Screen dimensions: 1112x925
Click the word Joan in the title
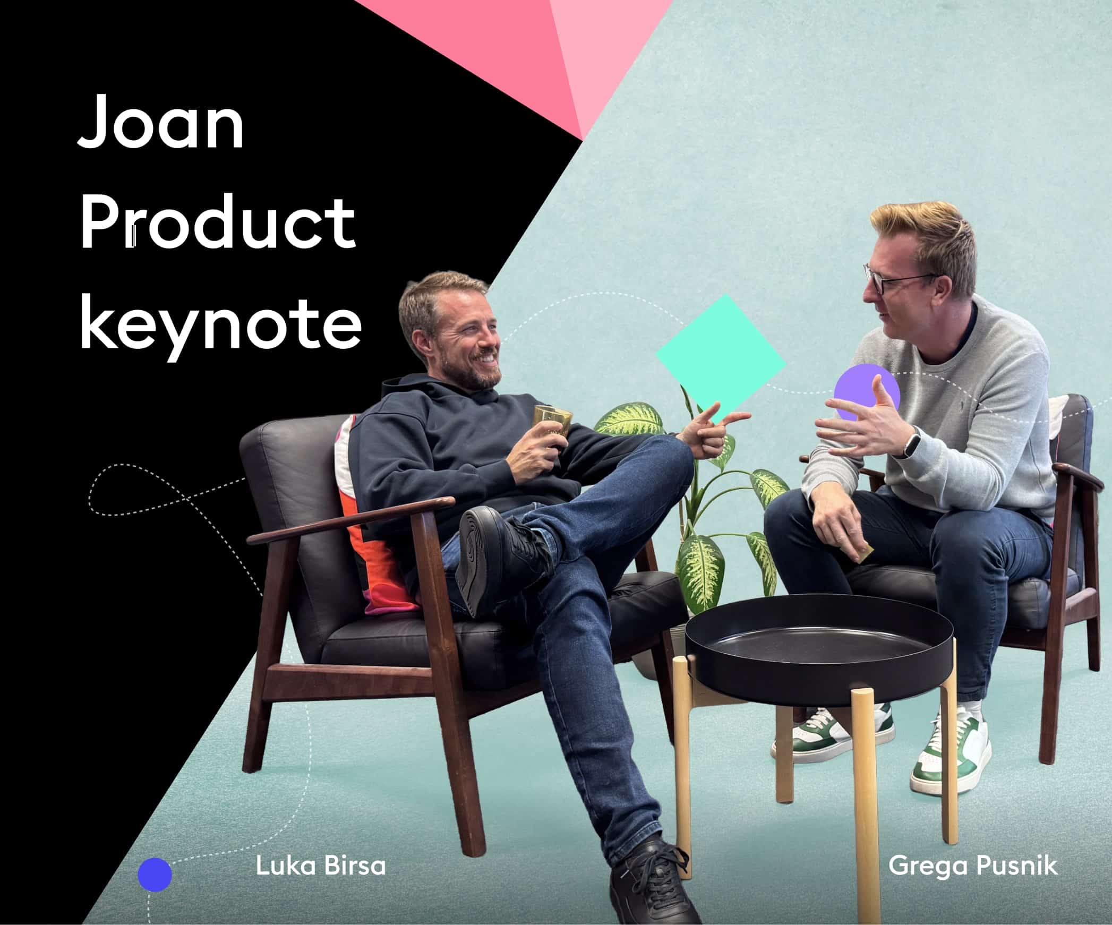(x=161, y=123)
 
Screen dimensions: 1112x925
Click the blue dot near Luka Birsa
(x=155, y=875)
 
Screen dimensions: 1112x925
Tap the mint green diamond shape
(x=721, y=359)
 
